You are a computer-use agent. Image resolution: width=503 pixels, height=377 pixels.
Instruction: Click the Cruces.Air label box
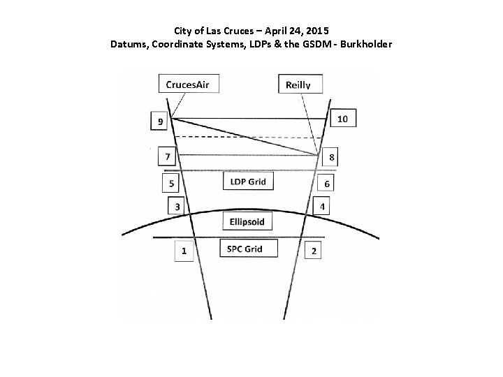(x=188, y=85)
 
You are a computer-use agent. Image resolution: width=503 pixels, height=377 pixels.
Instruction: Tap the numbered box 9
(x=161, y=121)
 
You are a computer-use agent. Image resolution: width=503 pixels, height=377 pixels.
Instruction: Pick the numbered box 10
(x=342, y=119)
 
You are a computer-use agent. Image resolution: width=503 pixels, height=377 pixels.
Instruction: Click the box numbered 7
(x=167, y=156)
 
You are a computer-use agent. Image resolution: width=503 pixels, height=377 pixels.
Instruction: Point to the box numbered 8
(x=331, y=158)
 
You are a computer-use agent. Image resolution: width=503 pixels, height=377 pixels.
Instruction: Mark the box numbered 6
(x=327, y=183)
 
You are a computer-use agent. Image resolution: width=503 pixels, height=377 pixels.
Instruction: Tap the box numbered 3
(x=177, y=207)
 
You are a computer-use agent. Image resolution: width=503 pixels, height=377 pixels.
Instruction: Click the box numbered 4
(x=322, y=207)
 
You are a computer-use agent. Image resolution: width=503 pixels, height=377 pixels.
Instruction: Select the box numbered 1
(x=184, y=251)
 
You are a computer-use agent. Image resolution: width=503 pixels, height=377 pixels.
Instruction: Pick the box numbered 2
(x=314, y=251)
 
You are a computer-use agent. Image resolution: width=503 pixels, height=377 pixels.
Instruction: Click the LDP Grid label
(x=248, y=182)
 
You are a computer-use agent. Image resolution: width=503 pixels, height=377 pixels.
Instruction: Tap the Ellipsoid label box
(x=248, y=221)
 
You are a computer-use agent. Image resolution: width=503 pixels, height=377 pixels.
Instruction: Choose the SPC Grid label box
(x=248, y=249)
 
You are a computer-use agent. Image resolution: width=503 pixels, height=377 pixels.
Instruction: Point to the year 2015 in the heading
(x=317, y=31)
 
